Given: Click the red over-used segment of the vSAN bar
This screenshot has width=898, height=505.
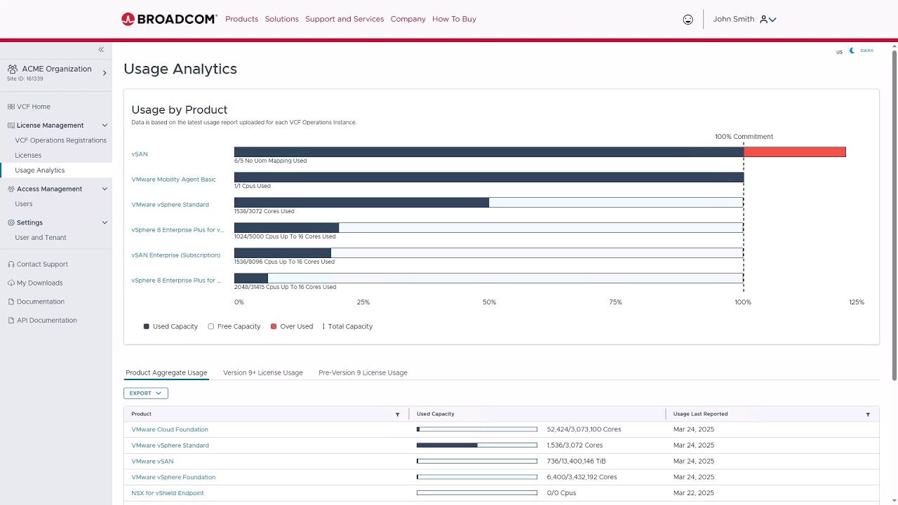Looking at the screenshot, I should coord(794,152).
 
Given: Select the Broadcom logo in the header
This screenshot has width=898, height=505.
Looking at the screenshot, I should coord(169,19).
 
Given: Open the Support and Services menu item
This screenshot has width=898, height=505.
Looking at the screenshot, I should coord(344,19).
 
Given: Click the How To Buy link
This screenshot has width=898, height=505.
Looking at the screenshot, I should coord(454,19).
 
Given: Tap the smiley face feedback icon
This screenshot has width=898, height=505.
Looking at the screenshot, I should coord(688,20).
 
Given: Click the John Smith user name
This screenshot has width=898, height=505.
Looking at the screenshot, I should coord(733,19).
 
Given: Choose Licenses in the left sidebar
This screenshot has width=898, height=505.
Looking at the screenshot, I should coord(28,155).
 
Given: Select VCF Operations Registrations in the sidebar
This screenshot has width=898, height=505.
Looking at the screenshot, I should coord(60,140).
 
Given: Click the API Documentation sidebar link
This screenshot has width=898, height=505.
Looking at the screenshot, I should coord(46,321).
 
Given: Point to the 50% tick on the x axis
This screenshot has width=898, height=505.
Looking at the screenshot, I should coord(489,302).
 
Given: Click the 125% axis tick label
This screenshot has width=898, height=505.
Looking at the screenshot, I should coord(856,302).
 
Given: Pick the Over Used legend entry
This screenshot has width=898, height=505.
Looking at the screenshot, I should coord(292,326).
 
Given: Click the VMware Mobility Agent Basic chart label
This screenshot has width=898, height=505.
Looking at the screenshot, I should coord(173,180).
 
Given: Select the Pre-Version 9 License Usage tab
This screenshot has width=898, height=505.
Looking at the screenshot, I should coord(363,372).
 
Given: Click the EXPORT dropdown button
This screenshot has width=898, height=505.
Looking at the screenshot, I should coord(145,393).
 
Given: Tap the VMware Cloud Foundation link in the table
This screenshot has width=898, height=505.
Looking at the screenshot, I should coord(170,429).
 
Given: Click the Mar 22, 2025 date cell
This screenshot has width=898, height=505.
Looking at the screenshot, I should coord(693,493).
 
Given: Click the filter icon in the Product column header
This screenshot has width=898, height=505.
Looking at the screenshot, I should coord(398,415).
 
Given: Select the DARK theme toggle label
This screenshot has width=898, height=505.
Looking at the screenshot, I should coord(866,50).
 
